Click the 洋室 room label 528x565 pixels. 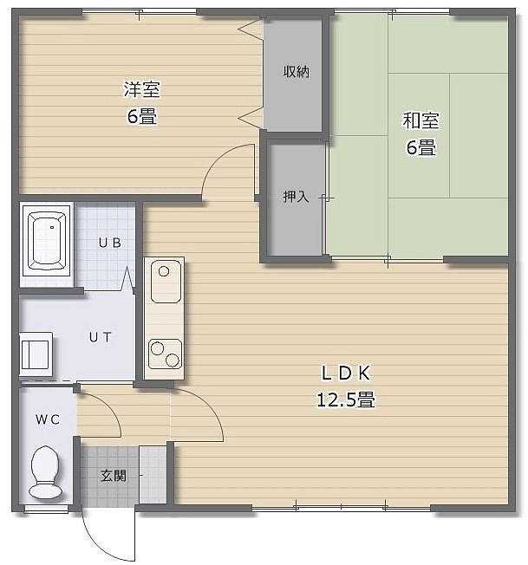click(141, 89)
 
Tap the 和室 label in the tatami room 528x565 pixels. click(420, 120)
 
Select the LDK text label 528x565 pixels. click(346, 373)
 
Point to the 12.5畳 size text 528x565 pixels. click(346, 399)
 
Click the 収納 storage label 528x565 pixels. click(296, 72)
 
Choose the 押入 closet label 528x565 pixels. click(296, 197)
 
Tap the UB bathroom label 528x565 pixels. click(110, 243)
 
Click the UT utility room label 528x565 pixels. click(101, 337)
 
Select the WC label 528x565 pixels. click(48, 419)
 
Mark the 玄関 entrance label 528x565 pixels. click(114, 476)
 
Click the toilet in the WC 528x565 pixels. click(45, 472)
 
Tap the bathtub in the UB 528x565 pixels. click(47, 241)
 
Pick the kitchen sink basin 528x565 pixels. click(166, 282)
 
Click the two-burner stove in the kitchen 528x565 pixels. click(165, 354)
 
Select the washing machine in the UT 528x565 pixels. click(36, 354)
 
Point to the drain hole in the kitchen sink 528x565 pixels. click(164, 271)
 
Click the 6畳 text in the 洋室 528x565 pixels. click(141, 116)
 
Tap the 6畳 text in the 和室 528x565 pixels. click(421, 147)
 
